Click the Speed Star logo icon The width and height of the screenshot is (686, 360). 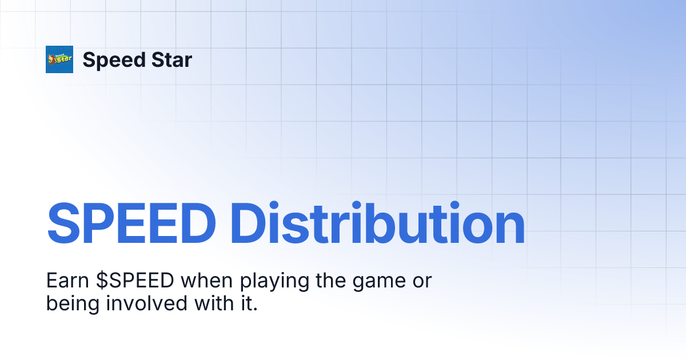(59, 59)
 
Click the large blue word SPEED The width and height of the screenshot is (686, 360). (135, 224)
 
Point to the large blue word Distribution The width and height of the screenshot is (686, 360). (380, 224)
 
